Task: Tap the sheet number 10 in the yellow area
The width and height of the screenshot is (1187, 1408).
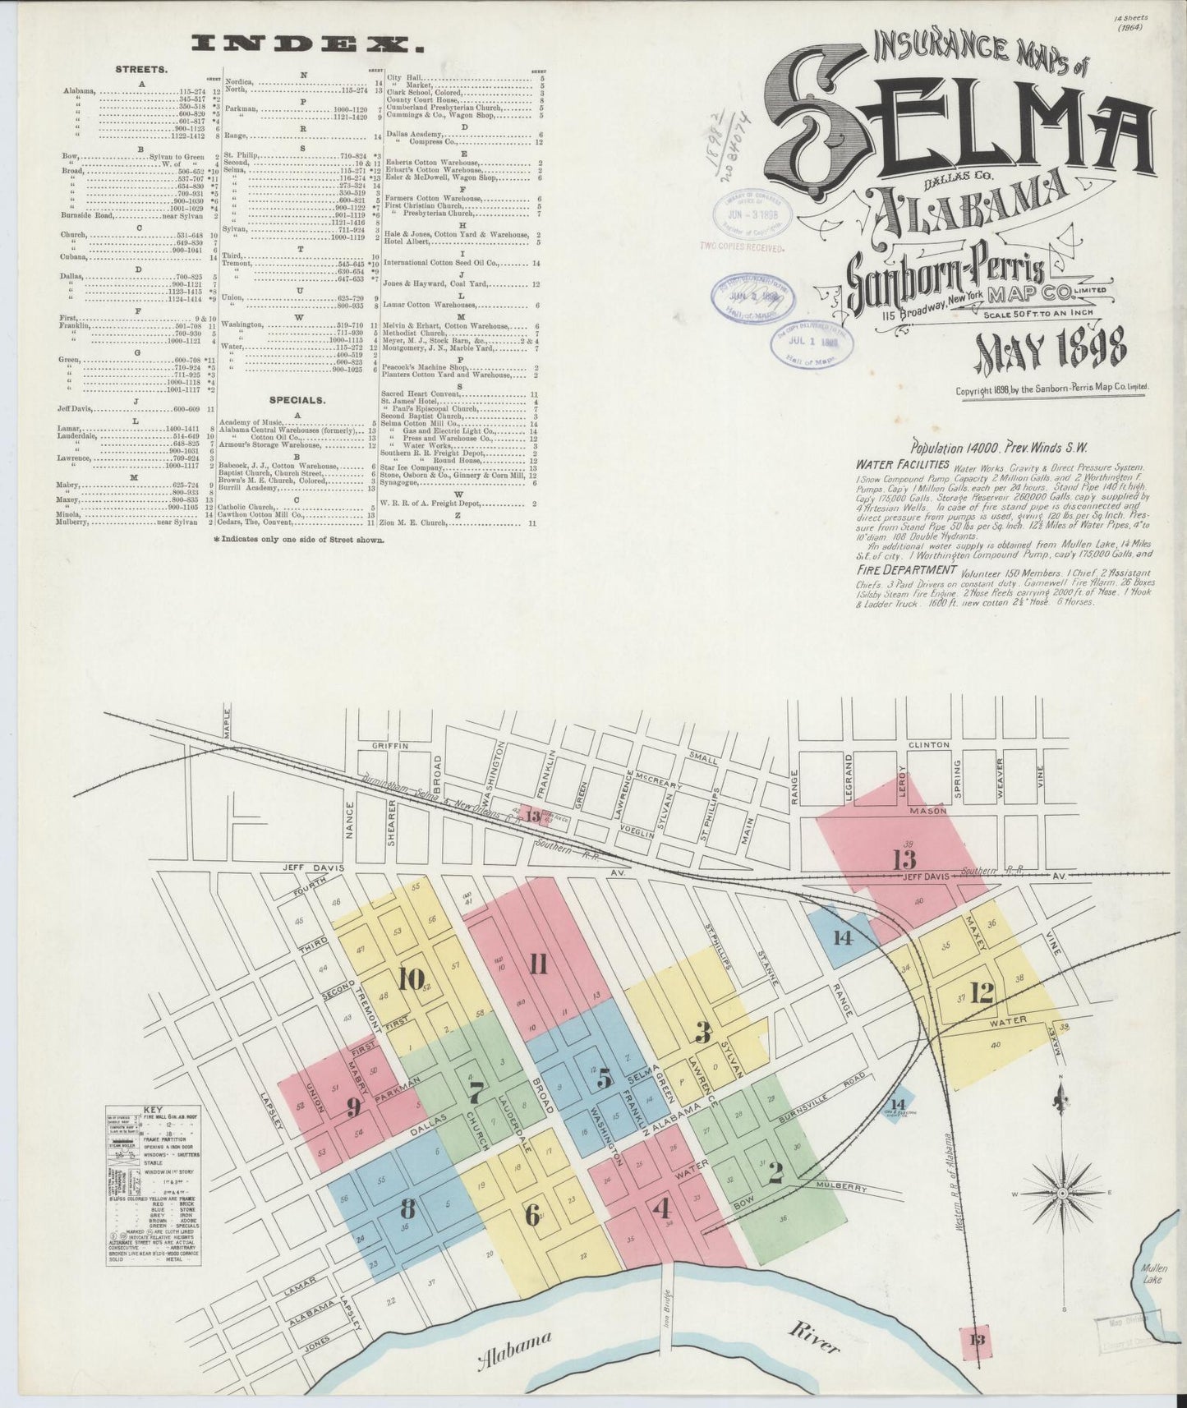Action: pos(411,979)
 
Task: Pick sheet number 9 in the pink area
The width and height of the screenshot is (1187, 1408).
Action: pos(353,1107)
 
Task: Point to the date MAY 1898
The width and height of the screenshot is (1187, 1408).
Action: pos(1051,351)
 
